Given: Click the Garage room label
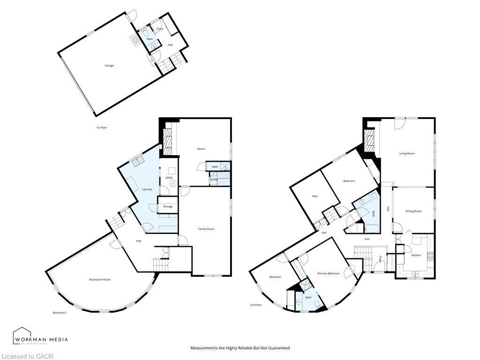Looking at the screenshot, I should [109, 66].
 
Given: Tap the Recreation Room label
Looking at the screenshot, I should [100, 280].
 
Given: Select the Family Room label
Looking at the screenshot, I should [206, 229].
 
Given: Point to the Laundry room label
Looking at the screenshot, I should [147, 189].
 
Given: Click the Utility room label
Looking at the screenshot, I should [169, 178].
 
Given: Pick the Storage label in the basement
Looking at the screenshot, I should [167, 206].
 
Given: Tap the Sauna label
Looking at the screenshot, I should [214, 180].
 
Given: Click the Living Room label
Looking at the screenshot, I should [407, 153].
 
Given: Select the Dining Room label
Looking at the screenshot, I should [413, 211].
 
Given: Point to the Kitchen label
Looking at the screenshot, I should [416, 255].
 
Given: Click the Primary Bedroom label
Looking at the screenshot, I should [328, 273].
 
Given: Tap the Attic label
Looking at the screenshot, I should [315, 196].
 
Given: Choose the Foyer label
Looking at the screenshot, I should [380, 258].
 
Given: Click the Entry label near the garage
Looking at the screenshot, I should [160, 29].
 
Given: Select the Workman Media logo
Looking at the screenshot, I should [40, 336].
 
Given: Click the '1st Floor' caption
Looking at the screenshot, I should [102, 127].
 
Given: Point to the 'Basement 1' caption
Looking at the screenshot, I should [60, 313].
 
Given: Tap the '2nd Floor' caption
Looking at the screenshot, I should [255, 305].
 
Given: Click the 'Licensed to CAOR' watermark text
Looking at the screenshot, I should [27, 356].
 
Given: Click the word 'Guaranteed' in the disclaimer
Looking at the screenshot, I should [279, 348].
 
